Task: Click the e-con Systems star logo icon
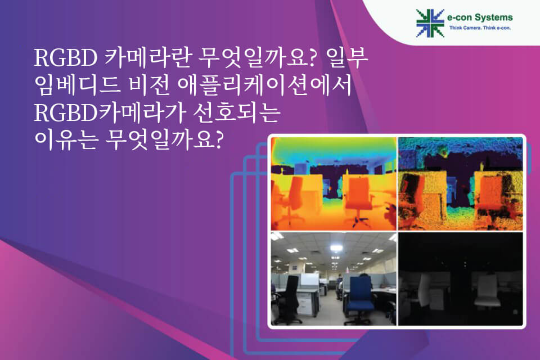click(430, 23)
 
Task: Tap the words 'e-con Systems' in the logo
click(480, 17)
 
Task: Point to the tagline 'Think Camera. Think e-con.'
click(480, 28)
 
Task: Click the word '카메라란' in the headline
click(147, 57)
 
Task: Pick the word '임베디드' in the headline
click(77, 85)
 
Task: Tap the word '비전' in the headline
click(149, 85)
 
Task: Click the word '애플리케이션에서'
click(264, 85)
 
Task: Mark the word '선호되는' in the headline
click(236, 112)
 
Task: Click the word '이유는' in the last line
click(65, 140)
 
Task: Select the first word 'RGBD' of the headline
click(66, 58)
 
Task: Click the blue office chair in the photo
click(360, 299)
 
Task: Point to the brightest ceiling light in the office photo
click(335, 248)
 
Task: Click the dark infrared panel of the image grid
click(461, 278)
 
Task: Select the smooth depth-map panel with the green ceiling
click(334, 183)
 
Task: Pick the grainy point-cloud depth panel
click(461, 183)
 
